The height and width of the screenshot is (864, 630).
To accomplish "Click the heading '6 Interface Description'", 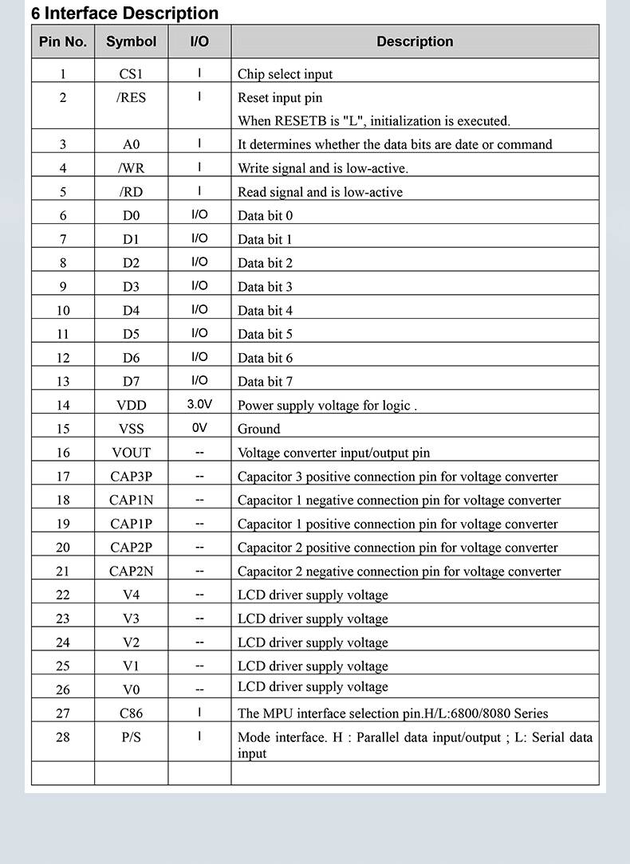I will (x=124, y=14).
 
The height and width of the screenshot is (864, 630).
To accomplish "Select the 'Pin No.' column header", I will (x=63, y=41).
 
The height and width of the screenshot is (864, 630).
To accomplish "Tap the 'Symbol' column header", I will (x=131, y=41).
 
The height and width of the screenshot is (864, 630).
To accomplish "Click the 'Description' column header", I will (x=415, y=41).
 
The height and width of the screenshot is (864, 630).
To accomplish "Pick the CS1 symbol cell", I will (x=131, y=74).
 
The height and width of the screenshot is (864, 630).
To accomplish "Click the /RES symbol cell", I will (x=131, y=98).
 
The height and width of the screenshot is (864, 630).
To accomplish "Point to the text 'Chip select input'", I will (x=285, y=74).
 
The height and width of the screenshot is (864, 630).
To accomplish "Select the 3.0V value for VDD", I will (x=199, y=404).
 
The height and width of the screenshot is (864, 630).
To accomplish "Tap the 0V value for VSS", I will (x=199, y=428).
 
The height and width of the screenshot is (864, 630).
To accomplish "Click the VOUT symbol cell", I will (x=131, y=453).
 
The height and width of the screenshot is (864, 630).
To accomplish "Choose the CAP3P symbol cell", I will (x=131, y=477).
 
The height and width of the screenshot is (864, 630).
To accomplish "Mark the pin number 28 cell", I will (x=63, y=737).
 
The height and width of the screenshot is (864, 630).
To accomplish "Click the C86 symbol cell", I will (x=131, y=713).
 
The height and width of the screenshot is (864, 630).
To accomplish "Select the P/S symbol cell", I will (x=131, y=737).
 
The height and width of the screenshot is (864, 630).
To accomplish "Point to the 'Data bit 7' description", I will (x=265, y=382).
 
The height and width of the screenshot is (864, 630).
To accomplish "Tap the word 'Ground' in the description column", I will (x=258, y=429).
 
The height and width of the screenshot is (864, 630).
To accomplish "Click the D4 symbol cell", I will (x=131, y=310).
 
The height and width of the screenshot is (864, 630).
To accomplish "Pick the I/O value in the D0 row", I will (x=199, y=214).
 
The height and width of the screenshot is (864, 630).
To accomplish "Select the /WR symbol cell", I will (x=131, y=168).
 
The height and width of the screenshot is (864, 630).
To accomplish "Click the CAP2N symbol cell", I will (x=131, y=571).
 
